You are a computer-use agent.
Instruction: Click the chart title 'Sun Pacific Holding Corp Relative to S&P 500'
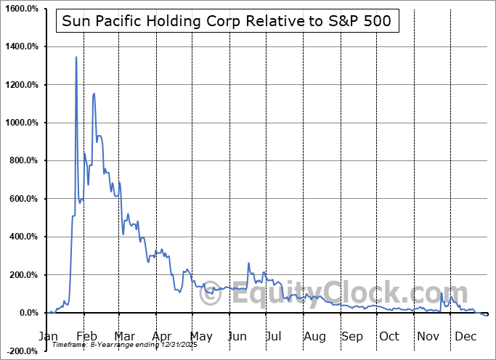pos(227,21)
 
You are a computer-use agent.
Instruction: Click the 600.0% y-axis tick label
pos(22,199)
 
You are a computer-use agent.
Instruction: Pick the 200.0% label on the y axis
pos(22,275)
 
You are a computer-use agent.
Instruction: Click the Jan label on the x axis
pos(48,337)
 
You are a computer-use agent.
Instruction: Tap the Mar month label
pos(123,337)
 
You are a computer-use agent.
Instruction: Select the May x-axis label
pos(201,337)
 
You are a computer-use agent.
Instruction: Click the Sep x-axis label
pos(352,337)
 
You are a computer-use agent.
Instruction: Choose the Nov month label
pos(428,337)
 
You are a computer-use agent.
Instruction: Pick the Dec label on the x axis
pos(466,337)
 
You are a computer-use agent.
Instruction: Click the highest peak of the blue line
pos(76,57)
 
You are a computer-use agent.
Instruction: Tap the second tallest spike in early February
pos(94,93)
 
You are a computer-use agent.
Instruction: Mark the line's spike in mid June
pos(248,263)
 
